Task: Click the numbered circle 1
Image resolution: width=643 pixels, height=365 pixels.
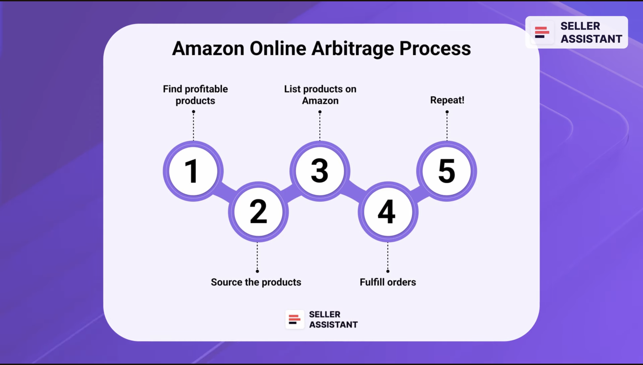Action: coord(193,171)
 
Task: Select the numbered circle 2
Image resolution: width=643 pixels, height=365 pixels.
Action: coord(258,212)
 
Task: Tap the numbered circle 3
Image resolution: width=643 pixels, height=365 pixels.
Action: coord(320,171)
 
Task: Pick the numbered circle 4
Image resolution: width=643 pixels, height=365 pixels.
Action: coord(388,212)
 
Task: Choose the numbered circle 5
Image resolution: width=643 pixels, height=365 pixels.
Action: coord(447,171)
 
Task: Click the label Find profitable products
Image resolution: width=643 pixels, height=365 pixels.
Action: coord(195,95)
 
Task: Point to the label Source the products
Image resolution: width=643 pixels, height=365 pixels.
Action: coord(256,282)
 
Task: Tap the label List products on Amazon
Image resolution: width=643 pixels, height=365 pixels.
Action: coord(320,95)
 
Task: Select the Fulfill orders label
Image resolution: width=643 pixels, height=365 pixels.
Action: coord(388,282)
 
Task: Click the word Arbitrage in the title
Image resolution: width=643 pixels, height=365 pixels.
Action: coord(353,48)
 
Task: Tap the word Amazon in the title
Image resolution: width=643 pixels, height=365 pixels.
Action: coord(208,48)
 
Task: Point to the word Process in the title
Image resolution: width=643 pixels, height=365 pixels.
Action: coord(435,48)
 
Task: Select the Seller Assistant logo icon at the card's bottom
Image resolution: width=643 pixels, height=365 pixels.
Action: coord(295,319)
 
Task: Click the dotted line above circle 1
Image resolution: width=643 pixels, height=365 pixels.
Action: coord(193,127)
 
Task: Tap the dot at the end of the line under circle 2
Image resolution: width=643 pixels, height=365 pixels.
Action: coord(257,271)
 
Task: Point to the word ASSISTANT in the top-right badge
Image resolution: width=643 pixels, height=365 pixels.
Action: coord(591,39)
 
